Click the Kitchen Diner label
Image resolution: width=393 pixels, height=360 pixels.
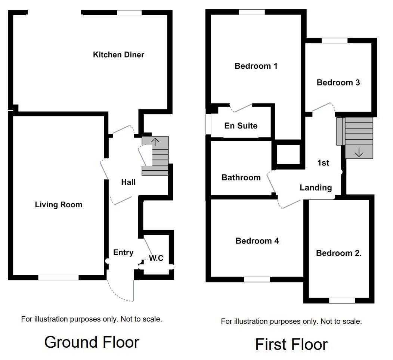pyautogui.click(x=118, y=55)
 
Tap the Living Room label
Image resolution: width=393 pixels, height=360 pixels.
pyautogui.click(x=58, y=205)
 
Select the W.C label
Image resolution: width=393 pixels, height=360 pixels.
pyautogui.click(x=156, y=258)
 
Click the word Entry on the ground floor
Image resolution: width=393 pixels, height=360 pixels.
pyautogui.click(x=123, y=252)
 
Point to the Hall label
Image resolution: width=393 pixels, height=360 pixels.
pyautogui.click(x=128, y=182)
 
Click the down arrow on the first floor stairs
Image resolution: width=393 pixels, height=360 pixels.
pyautogui.click(x=359, y=152)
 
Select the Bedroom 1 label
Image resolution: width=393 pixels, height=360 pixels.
pyautogui.click(x=256, y=66)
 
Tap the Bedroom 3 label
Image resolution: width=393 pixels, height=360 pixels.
pyautogui.click(x=338, y=83)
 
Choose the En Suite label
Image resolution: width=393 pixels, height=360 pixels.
pyautogui.click(x=241, y=126)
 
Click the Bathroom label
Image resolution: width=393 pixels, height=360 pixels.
pyautogui.click(x=241, y=177)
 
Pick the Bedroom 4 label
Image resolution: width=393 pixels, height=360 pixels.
pyautogui.click(x=257, y=241)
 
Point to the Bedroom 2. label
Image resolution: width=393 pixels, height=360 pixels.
pyautogui.click(x=339, y=253)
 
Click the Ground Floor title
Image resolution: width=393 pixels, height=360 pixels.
pyautogui.click(x=92, y=342)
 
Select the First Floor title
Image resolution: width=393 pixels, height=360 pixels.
pyautogui.click(x=291, y=344)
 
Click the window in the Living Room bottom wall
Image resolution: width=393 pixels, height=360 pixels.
pyautogui.click(x=58, y=277)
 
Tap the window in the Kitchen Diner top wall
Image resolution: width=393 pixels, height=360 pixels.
pyautogui.click(x=129, y=13)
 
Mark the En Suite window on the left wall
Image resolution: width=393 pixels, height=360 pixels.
pyautogui.click(x=208, y=125)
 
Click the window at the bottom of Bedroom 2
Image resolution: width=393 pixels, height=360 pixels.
pyautogui.click(x=342, y=300)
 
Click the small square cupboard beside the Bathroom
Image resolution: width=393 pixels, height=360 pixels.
pyautogui.click(x=288, y=154)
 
